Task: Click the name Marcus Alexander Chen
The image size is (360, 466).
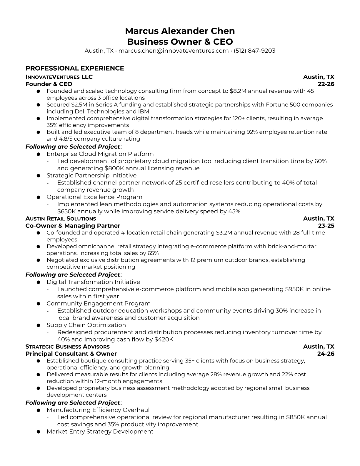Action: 180,31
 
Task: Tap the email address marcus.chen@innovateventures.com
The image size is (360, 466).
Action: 173,51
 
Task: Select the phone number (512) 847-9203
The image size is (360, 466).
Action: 254,51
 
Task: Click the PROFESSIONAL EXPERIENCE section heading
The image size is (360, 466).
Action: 75,68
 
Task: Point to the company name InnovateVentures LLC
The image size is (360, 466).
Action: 59,77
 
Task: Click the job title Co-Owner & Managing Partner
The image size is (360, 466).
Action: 73,226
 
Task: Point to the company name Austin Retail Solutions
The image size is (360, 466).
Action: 61,219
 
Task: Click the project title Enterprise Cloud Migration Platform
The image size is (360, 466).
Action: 100,154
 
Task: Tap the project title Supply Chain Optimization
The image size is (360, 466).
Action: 86,325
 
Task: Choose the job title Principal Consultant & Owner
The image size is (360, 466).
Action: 71,354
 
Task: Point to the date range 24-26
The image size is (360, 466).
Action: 326,354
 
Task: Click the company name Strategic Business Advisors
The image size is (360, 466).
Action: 67,347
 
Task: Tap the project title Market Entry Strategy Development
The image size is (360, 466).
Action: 100,432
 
